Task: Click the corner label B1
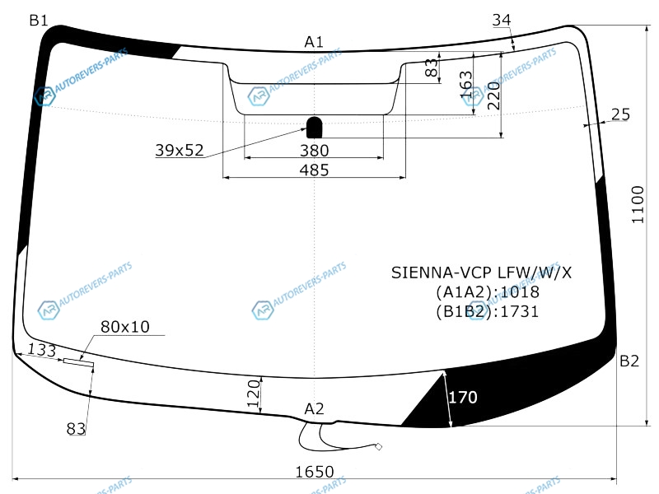[x=39, y=20]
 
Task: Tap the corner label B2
[x=629, y=361]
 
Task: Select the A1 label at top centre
[x=314, y=42]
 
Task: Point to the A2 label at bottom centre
[x=314, y=408]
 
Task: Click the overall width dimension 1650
[x=315, y=472]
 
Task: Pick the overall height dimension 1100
[x=638, y=204]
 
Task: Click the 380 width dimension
[x=314, y=151]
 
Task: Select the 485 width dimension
[x=314, y=170]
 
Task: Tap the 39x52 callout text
[x=180, y=150]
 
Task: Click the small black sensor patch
[x=315, y=128]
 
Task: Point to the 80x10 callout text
[x=125, y=327]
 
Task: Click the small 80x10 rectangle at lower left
[x=78, y=362]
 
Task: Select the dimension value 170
[x=463, y=397]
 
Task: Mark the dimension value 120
[x=254, y=394]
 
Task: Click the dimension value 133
[x=42, y=350]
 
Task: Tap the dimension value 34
[x=502, y=20]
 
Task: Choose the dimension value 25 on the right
[x=621, y=114]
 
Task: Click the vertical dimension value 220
[x=493, y=96]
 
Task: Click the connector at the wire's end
[x=378, y=446]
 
